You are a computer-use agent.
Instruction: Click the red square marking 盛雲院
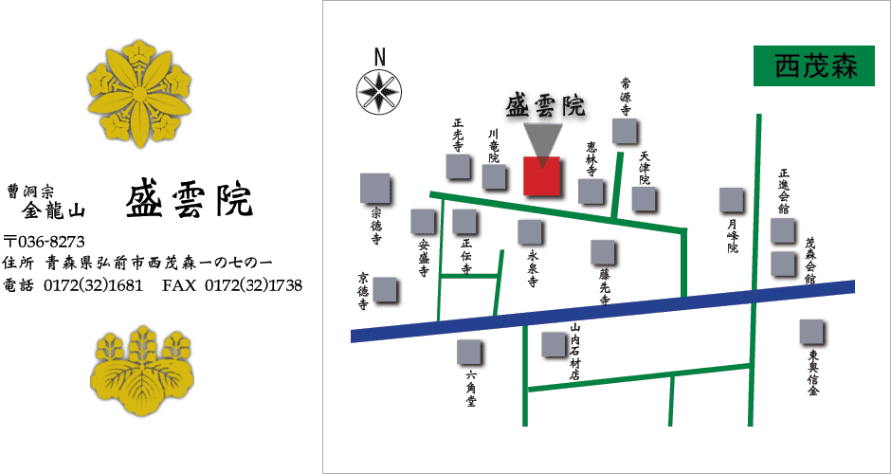tap(543, 176)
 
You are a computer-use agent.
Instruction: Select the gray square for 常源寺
tap(625, 131)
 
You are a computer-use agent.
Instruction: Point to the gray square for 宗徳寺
tap(375, 188)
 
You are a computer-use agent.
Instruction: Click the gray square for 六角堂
tap(469, 353)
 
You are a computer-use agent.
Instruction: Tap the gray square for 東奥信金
tap(812, 332)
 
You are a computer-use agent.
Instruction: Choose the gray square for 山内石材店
tap(554, 344)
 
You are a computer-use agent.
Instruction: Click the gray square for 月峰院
tap(731, 200)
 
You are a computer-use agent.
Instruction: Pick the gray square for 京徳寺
tap(385, 289)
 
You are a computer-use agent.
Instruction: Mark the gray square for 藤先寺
tap(603, 251)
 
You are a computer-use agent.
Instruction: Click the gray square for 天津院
tap(645, 198)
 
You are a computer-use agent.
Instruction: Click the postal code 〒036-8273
tap(45, 241)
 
